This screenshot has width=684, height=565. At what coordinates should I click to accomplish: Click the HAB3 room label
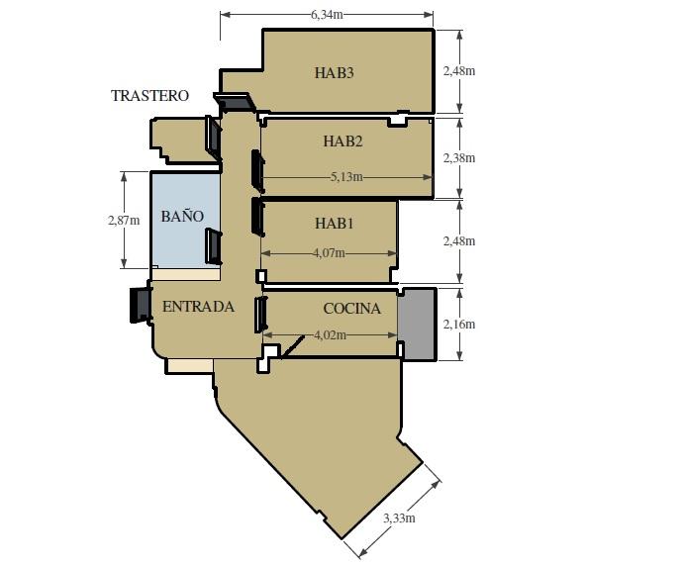pos(334,73)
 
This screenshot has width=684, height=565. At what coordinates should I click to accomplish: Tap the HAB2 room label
pos(342,141)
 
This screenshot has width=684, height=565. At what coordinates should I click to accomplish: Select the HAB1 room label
pos(334,224)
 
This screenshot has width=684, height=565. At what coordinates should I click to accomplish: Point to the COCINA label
pos(352,309)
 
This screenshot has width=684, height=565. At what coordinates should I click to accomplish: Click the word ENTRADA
pos(198,307)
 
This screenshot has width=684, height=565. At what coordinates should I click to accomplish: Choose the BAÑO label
pos(182,216)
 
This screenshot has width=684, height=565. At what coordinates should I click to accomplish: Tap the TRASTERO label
pos(149,95)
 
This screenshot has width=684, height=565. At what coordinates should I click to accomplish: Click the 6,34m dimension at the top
pos(327,15)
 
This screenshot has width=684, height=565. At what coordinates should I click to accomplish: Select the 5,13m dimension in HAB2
pos(346,177)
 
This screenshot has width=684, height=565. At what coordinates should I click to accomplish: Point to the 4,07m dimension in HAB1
pos(329,253)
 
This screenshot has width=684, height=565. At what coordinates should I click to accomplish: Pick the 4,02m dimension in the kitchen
pos(331,334)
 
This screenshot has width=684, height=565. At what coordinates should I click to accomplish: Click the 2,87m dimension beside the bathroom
pos(124,220)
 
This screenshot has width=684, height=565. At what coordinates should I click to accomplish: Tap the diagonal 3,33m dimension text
pos(399,518)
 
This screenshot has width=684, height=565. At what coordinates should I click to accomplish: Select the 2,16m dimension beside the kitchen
pos(459,325)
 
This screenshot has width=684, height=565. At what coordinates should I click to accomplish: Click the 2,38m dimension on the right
pos(459,157)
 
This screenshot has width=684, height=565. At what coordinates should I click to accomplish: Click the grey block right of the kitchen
pos(417,324)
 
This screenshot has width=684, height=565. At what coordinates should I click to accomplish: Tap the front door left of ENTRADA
pos(140,305)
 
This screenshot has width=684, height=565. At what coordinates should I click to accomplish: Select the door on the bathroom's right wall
pos(213,246)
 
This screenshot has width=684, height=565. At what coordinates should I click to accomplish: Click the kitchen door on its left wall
pos(260,314)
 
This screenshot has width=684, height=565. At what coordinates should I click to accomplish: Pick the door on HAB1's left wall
pos(257,217)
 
